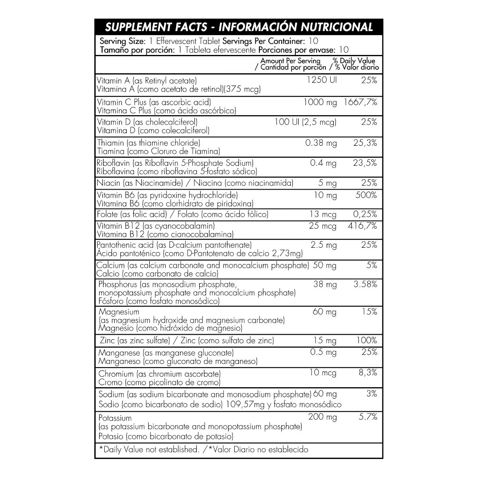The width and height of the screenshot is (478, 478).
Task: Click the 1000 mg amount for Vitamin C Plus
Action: (x=320, y=102)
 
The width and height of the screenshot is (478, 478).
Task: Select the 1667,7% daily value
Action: (x=360, y=102)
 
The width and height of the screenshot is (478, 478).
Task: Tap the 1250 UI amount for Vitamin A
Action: (x=322, y=80)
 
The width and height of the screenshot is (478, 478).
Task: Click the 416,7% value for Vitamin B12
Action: (x=362, y=226)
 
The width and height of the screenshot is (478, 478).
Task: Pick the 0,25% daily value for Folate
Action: (x=365, y=214)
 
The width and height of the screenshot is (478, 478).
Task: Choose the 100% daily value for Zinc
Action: (x=366, y=341)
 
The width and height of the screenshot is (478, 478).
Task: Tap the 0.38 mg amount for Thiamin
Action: (x=321, y=143)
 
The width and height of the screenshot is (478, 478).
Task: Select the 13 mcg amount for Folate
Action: (x=323, y=214)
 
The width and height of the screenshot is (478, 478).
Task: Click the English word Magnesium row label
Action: (x=118, y=312)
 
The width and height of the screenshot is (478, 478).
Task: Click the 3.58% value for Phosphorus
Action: (x=365, y=284)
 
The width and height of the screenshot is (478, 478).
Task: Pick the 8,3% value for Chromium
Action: (x=368, y=373)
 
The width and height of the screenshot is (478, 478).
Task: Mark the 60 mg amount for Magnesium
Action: (x=325, y=312)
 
